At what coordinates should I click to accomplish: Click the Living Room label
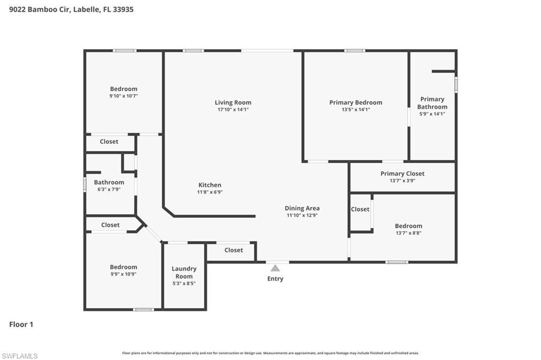click(x=233, y=102)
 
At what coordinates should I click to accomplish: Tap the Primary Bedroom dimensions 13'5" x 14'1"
click(x=356, y=110)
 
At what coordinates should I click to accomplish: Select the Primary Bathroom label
click(x=432, y=103)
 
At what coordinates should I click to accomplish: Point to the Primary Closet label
click(x=402, y=174)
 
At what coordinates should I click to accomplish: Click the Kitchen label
click(x=210, y=185)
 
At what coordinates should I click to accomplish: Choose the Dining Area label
click(x=302, y=208)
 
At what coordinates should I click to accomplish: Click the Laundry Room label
click(x=184, y=272)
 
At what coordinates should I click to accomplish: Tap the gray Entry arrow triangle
click(x=275, y=268)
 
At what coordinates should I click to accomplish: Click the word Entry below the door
click(x=275, y=279)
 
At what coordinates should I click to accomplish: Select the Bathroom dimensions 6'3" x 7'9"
click(x=109, y=190)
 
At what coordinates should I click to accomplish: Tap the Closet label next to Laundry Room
click(x=234, y=250)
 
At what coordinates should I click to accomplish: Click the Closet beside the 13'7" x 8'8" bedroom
click(x=360, y=209)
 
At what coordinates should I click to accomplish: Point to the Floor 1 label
click(x=21, y=325)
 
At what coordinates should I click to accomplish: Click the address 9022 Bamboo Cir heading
click(x=71, y=9)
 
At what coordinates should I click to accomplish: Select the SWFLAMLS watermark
click(x=20, y=356)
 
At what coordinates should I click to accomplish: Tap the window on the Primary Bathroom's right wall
click(x=456, y=85)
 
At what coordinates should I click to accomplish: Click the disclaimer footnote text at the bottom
click(x=270, y=353)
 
